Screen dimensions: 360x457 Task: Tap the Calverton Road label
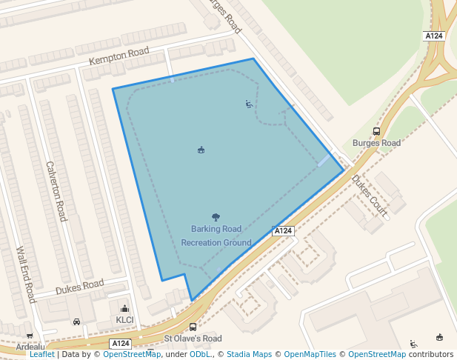coord(56,191)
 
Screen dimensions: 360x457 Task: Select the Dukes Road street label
coord(79,285)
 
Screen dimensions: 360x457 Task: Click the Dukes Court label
coord(369,196)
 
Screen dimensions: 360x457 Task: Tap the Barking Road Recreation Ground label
coord(216,236)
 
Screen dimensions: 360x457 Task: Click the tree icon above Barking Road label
coord(216,217)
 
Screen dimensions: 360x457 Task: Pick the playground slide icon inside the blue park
coord(249,104)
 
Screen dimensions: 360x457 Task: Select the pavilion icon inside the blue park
coord(201,150)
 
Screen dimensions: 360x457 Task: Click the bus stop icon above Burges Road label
coord(377,131)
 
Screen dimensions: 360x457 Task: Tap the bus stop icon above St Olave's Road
coord(193,327)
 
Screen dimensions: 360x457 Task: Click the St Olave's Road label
coord(193,339)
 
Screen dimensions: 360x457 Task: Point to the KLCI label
coord(124,320)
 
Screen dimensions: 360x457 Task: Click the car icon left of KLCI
coord(77,321)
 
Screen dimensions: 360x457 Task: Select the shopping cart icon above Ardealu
coord(30,336)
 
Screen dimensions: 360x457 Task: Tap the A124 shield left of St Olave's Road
coord(121,344)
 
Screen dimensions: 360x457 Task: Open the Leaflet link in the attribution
coord(41,355)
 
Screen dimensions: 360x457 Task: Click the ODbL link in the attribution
coord(199,355)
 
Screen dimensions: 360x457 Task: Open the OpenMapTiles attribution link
coord(310,355)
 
